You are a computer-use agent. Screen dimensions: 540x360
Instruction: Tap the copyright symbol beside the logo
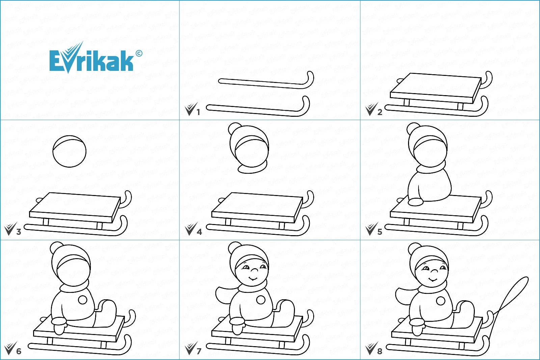139,53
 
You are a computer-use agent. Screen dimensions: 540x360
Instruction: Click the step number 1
198,112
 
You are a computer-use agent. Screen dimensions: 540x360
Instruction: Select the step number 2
380,112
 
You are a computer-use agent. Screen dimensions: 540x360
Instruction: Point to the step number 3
19,232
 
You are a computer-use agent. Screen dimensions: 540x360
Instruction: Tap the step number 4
199,232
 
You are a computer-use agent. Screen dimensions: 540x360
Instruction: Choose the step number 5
380,232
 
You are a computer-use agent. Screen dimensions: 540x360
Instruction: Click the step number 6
19,351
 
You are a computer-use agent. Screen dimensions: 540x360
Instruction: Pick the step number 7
199,351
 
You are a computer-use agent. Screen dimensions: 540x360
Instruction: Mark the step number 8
380,351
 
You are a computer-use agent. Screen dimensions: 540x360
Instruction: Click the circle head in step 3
70,151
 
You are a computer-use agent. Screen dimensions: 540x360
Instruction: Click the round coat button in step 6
83,300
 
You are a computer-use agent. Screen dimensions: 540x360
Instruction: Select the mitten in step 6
59,325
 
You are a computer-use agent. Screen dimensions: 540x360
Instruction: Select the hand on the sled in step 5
415,202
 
